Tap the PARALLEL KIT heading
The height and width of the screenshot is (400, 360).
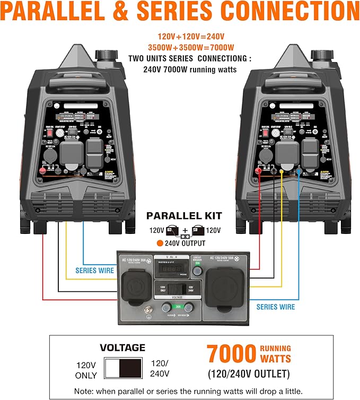184,216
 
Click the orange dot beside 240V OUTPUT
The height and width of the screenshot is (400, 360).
159,244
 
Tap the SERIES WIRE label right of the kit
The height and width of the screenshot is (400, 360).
276,307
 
